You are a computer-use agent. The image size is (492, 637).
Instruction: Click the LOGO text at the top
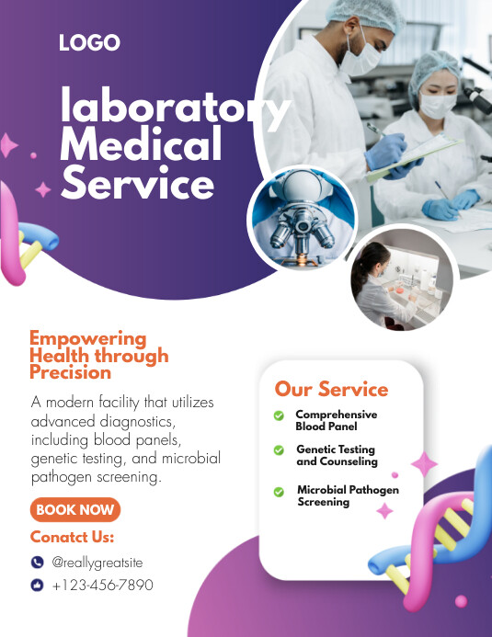tap(89, 42)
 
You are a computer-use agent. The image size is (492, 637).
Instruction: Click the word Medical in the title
tap(141, 145)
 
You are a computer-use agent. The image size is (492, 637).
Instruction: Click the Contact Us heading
tap(72, 537)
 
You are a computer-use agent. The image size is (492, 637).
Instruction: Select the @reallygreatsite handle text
tap(97, 563)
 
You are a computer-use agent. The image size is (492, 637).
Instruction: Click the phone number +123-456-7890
tap(102, 585)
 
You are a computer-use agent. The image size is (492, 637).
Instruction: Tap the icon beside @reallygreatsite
tap(37, 563)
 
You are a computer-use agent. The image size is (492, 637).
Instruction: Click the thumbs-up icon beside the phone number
tap(37, 585)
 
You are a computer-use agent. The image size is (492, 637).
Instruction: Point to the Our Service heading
tap(331, 389)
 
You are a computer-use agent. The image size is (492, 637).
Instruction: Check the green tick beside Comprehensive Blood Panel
tap(279, 416)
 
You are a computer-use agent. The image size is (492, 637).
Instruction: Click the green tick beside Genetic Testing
tap(279, 450)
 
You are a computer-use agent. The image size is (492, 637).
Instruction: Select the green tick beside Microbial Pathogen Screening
tap(279, 492)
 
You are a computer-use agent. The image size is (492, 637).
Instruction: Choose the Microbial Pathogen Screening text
tap(348, 496)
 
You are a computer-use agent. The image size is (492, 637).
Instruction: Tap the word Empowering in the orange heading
tap(87, 338)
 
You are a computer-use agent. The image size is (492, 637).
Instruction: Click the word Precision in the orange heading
tap(70, 372)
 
